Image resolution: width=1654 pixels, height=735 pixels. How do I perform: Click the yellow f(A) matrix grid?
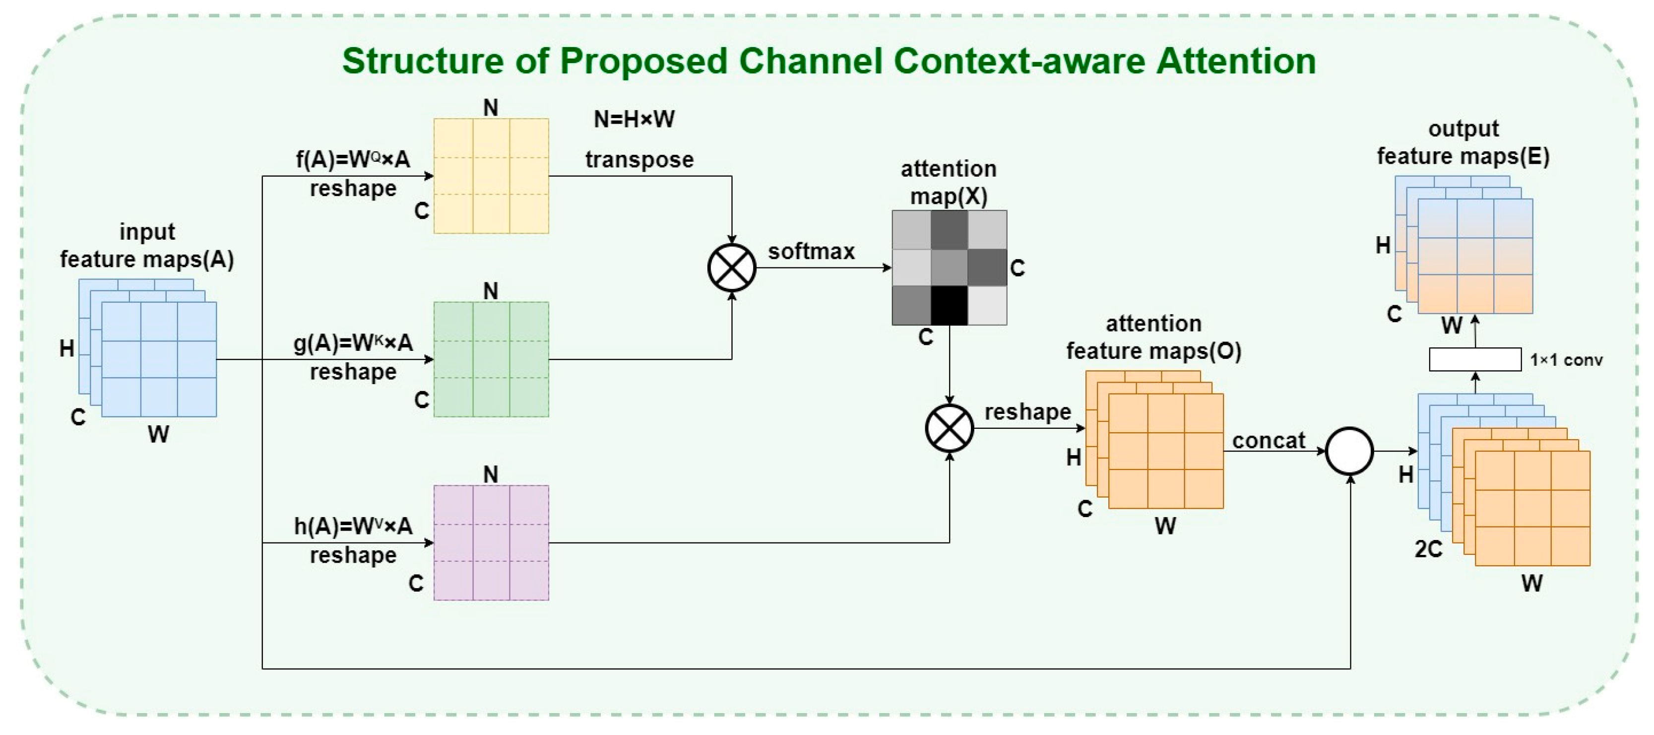click(x=491, y=175)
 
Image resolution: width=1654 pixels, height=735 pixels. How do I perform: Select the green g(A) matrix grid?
click(x=491, y=359)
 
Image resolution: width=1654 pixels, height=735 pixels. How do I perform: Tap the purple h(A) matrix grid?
click(x=491, y=543)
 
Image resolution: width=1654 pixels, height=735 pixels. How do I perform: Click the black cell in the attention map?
click(x=949, y=305)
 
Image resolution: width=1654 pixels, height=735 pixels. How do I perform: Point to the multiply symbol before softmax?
click(x=731, y=267)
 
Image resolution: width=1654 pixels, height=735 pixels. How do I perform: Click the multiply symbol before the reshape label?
click(x=949, y=428)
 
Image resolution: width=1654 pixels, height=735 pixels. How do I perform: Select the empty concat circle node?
click(x=1350, y=451)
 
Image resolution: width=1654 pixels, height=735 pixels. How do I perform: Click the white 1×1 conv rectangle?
click(x=1475, y=359)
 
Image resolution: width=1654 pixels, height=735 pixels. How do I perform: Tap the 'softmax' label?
click(x=811, y=251)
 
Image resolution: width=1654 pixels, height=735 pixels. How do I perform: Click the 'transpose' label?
click(x=639, y=159)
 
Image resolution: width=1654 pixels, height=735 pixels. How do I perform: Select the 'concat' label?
click(x=1269, y=441)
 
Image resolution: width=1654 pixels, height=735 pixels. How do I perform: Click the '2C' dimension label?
click(x=1429, y=549)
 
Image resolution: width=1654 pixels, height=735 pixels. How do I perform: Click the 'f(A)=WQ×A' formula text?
click(x=353, y=159)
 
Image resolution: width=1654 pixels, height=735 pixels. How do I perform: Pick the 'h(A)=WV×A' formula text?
click(x=353, y=526)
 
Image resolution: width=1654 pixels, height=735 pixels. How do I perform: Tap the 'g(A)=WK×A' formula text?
click(x=353, y=343)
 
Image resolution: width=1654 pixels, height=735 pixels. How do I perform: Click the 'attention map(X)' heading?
click(x=949, y=183)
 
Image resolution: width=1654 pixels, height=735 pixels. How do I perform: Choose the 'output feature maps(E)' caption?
click(x=1463, y=142)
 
